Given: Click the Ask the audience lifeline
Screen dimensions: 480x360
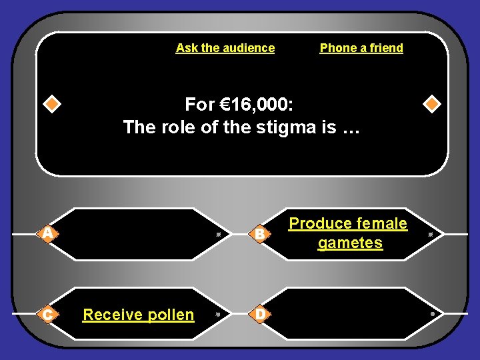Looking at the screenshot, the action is tap(225, 48).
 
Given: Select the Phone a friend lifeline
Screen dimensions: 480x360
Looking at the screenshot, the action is tap(361, 48).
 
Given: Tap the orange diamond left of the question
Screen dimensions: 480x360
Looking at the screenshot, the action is tap(52, 105).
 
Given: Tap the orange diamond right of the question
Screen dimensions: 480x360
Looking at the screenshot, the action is tap(432, 105).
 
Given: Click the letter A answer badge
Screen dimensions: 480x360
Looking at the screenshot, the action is tap(47, 233).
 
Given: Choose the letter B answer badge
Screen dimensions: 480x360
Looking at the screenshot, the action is tap(261, 234).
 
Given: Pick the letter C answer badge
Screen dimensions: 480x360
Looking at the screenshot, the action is tap(47, 313).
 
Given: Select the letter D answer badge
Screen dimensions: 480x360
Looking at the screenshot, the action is tap(261, 313).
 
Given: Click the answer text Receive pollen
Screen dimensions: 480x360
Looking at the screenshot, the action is tap(139, 315).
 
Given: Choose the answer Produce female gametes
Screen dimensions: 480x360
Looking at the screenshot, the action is tap(348, 233).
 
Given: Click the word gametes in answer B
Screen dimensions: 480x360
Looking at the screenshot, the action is tap(350, 243).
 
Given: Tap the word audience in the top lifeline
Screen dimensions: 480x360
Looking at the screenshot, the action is tap(248, 48).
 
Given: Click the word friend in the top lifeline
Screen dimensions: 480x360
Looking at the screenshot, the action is tap(386, 48).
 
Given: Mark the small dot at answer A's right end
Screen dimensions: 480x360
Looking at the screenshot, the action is tap(218, 235).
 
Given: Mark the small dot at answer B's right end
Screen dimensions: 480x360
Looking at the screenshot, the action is tap(431, 235).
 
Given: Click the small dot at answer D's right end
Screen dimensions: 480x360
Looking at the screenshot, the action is tap(432, 313).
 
